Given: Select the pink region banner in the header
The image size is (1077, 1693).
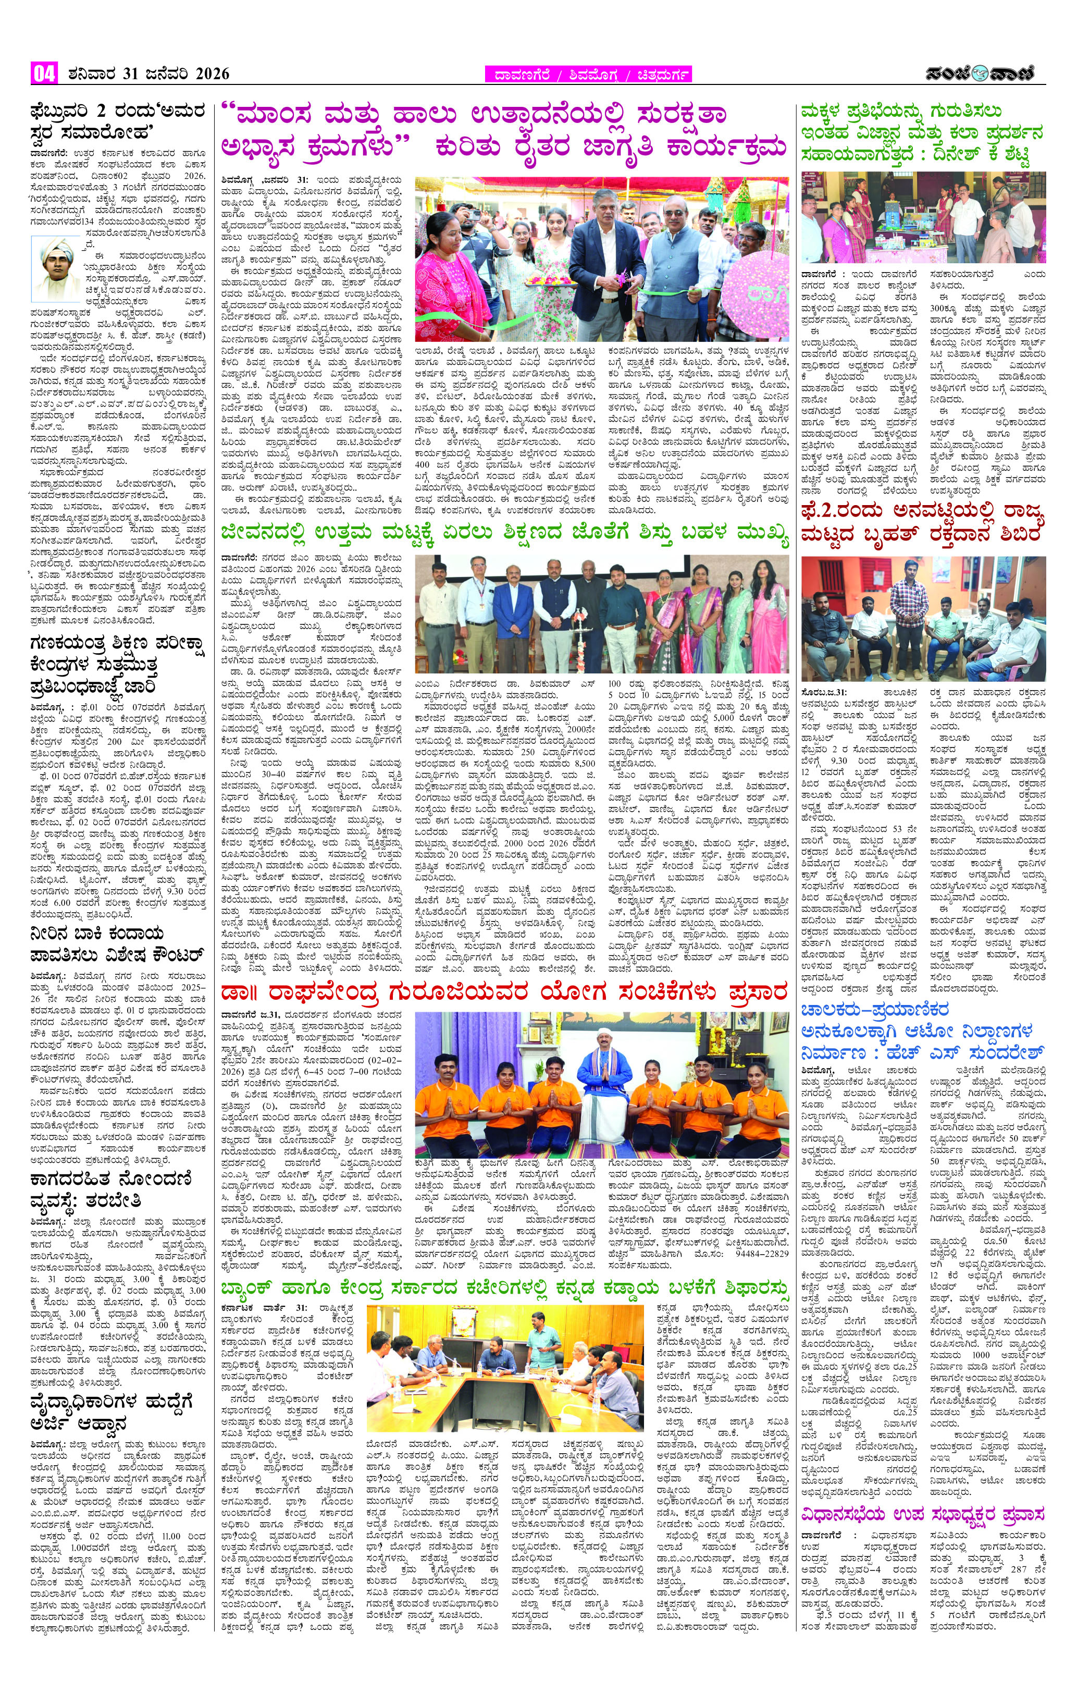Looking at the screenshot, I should (x=588, y=75).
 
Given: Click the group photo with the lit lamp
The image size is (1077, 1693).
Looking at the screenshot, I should (x=601, y=612).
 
